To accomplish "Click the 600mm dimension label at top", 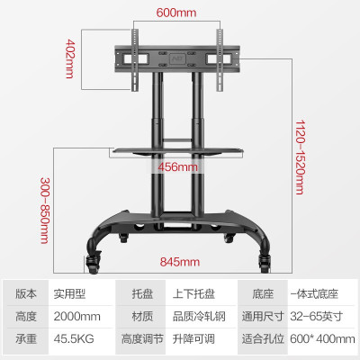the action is (x=176, y=13).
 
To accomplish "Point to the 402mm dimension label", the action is (x=69, y=58).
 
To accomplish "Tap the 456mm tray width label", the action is (x=178, y=166).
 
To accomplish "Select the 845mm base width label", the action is (x=179, y=262).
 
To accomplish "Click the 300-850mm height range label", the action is (x=45, y=211).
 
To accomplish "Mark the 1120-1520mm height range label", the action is (x=300, y=157).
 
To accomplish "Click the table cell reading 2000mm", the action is (x=77, y=317).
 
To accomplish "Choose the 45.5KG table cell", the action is (x=74, y=339).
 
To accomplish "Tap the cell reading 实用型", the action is (x=69, y=294).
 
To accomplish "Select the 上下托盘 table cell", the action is (x=193, y=294).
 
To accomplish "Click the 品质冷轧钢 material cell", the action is (x=199, y=317).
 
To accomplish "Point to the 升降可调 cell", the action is (x=193, y=339).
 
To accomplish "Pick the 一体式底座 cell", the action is (x=314, y=294).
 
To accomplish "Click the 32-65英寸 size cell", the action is (x=317, y=317).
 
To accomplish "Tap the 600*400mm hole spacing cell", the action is (x=322, y=339).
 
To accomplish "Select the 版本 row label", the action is (x=26, y=294).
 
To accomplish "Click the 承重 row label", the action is (x=26, y=339).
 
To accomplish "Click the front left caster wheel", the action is (x=93, y=263).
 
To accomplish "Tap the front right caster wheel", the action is (x=265, y=263).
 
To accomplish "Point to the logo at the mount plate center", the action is (x=175, y=58).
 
